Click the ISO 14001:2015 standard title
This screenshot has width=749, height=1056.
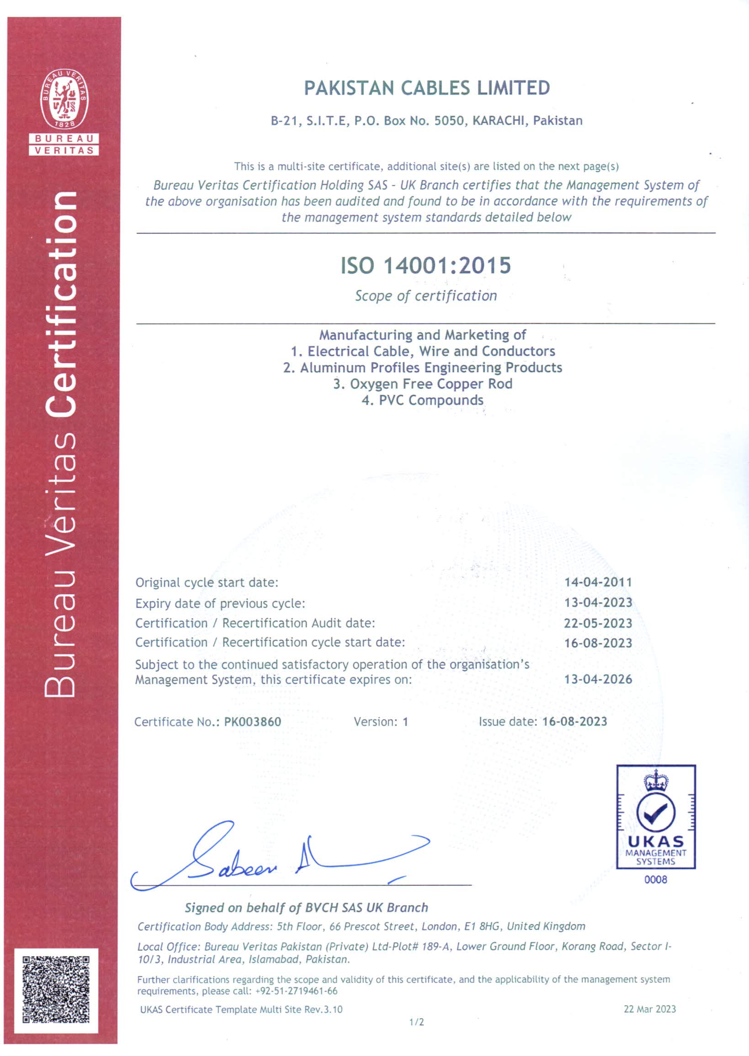pos(426,265)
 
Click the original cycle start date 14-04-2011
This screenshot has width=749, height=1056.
pos(598,582)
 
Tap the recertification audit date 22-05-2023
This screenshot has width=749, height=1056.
pos(598,623)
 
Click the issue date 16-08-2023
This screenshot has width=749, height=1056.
pos(575,722)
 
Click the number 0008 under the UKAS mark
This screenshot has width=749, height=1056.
pos(655,879)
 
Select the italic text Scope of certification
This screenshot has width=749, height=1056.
pos(426,296)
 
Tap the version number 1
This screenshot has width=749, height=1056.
pos(405,722)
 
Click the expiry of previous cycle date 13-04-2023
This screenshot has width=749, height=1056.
pos(598,603)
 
